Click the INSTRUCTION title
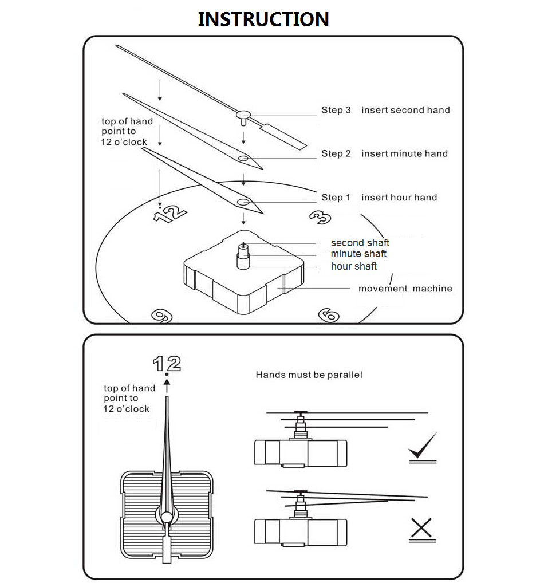coord(263,19)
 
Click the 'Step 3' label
coord(336,110)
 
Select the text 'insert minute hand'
coord(404,153)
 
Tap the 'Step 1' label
coord(336,198)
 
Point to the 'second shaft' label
coord(360,243)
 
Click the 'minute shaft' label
coord(358,254)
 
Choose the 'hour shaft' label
coord(354,266)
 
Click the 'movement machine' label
coord(405,289)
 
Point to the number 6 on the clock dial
coord(329,314)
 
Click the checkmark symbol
coord(423,447)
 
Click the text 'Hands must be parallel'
coord(309,375)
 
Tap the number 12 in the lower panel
coord(167,363)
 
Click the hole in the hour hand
coord(243,202)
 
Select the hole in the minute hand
coord(243,158)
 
